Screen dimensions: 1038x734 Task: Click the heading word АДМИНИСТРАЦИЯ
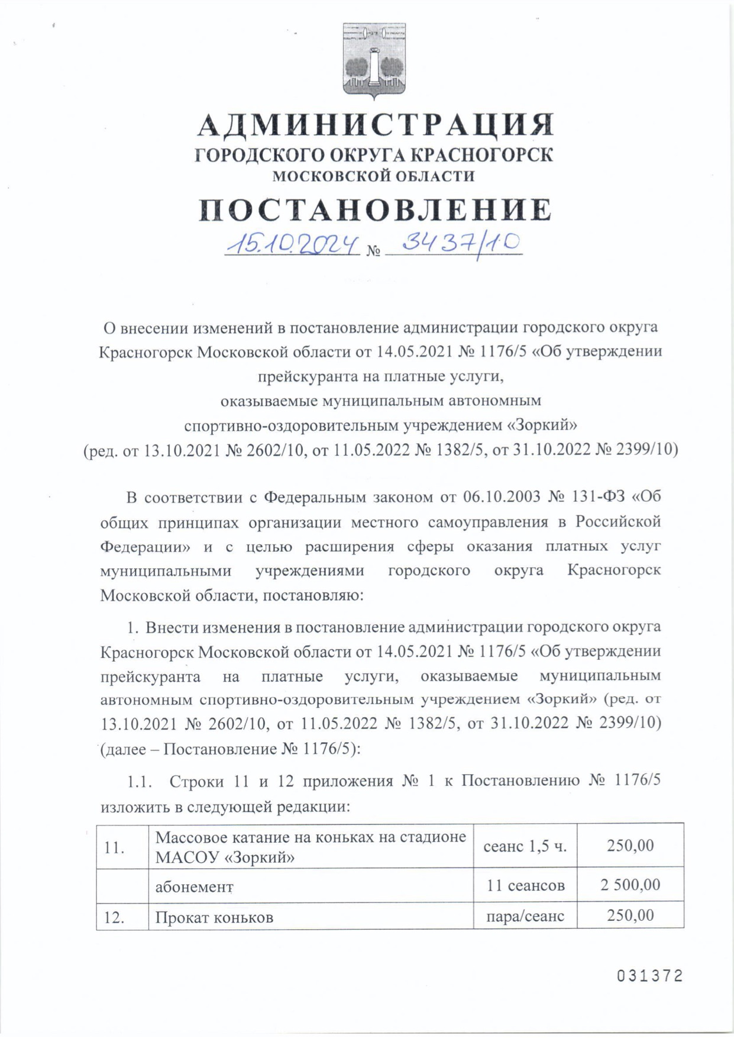(375, 125)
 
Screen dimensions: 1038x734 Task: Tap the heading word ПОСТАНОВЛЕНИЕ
(375, 210)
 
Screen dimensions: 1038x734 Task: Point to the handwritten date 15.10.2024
(292, 243)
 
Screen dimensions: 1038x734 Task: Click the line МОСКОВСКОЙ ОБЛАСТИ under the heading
(373, 176)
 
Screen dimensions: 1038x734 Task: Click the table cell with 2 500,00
(630, 885)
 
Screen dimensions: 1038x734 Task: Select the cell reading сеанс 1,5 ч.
(525, 846)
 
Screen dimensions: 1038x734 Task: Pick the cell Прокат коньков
(214, 917)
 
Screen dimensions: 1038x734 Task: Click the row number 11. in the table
(114, 847)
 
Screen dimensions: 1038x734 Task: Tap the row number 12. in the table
(114, 917)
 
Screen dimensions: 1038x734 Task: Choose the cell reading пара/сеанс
(525, 916)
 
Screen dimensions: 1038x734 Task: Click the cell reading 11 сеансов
(525, 885)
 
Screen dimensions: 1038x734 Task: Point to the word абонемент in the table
(195, 887)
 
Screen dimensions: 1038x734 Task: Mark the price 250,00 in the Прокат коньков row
(630, 915)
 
